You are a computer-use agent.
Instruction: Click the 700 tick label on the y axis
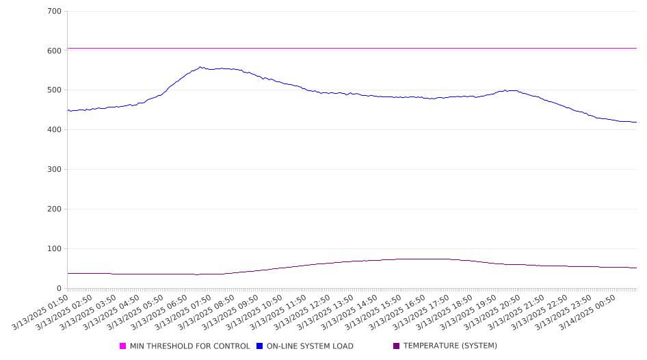click(55, 11)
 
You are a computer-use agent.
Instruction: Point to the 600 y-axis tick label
click(55, 51)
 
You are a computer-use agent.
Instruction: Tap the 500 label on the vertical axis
click(55, 90)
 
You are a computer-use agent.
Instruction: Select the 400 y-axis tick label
click(55, 129)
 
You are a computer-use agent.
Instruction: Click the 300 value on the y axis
click(55, 169)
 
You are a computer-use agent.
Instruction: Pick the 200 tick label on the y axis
click(55, 209)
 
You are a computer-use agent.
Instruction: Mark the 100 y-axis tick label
click(55, 248)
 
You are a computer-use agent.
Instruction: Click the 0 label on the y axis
click(59, 288)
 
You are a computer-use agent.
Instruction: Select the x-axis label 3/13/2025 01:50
click(40, 312)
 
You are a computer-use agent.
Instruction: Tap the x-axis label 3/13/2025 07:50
click(183, 312)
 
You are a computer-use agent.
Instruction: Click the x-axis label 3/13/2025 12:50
click(302, 312)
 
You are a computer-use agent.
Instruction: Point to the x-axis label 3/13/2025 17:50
click(421, 312)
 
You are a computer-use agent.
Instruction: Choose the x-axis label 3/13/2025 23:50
click(564, 312)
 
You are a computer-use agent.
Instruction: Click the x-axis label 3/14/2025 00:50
click(587, 312)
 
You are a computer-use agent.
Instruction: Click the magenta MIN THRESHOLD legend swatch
click(122, 346)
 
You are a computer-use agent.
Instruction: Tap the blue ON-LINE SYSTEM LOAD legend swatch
click(259, 346)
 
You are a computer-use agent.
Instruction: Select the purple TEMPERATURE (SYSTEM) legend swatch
click(397, 346)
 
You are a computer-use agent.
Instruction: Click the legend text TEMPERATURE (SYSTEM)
click(450, 346)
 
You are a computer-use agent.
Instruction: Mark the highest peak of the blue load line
click(200, 67)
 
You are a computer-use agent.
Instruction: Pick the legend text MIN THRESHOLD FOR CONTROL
click(190, 346)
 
